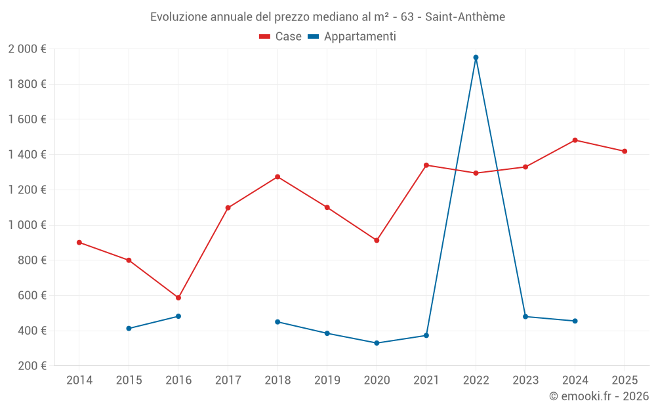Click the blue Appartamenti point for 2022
[x=476, y=58]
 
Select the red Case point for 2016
[x=178, y=298]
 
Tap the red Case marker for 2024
[x=575, y=140]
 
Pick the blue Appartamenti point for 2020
[x=377, y=343]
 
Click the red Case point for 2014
[x=79, y=243]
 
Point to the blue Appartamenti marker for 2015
[x=129, y=329]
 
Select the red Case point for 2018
[x=277, y=177]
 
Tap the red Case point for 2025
[x=625, y=152]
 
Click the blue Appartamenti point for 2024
[x=575, y=321]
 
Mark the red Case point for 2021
[x=426, y=165]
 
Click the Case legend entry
[x=281, y=37]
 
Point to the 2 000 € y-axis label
[x=27, y=49]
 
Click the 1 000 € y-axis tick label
[x=27, y=225]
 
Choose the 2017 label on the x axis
[x=228, y=380]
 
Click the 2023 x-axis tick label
[x=525, y=380]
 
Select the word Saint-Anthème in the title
[x=465, y=17]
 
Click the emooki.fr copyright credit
[x=598, y=396]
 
